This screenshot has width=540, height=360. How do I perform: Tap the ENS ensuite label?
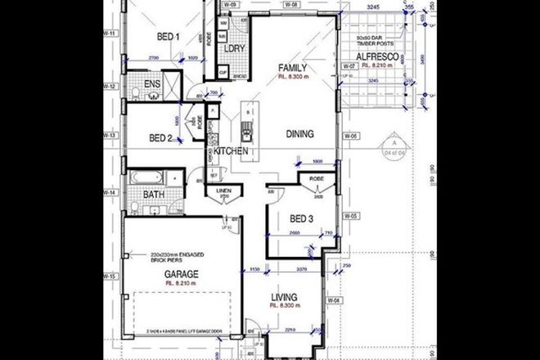click(152, 84)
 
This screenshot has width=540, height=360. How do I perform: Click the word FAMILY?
click(292, 67)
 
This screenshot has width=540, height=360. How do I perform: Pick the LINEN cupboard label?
click(223, 193)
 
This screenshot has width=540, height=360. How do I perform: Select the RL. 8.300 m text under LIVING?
click(290, 304)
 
